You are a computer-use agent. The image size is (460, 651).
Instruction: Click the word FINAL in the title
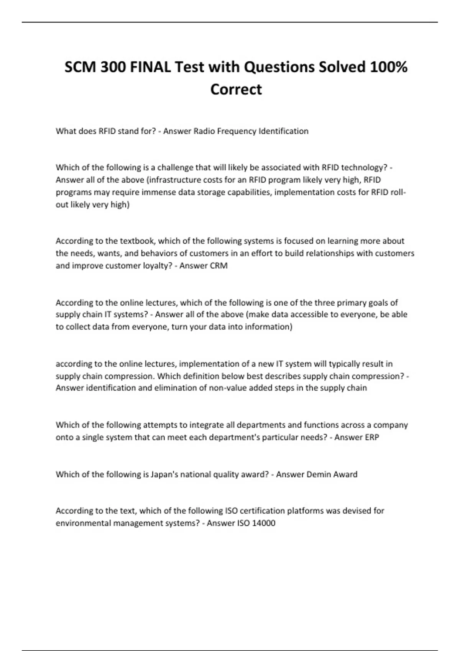pyautogui.click(x=150, y=67)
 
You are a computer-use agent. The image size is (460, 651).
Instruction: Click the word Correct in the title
pyautogui.click(x=236, y=90)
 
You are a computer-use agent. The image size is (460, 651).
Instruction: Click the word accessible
pyautogui.click(x=299, y=315)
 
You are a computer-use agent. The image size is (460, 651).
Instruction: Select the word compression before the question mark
pyautogui.click(x=378, y=376)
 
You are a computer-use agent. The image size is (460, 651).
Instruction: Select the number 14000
pyautogui.click(x=264, y=523)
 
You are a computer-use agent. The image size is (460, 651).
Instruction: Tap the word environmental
pyautogui.click(x=83, y=523)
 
